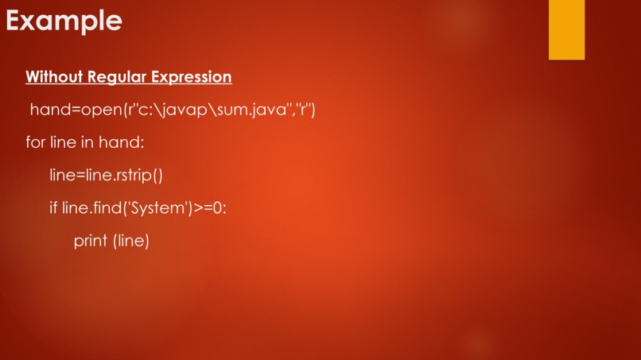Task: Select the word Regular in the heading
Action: point(115,77)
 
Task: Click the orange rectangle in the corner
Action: point(566,29)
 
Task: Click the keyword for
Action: point(35,143)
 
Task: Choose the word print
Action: point(91,241)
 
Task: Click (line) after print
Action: point(131,241)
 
